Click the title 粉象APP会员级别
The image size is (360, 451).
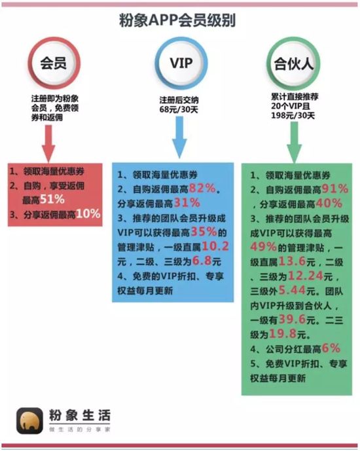tap(177, 20)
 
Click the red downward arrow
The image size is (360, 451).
tap(48, 143)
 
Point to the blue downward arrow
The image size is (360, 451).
tap(179, 137)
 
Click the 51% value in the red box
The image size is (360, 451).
tap(52, 200)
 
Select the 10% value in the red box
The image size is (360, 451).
tap(88, 213)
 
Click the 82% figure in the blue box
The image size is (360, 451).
tap(202, 189)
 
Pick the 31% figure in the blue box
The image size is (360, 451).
tap(187, 203)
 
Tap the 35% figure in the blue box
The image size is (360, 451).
tap(204, 232)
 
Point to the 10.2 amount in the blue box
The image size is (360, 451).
tap(215, 247)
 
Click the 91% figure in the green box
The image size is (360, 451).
tap(335, 189)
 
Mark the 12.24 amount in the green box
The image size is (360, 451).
tap(306, 276)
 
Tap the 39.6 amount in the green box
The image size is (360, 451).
tap(292, 319)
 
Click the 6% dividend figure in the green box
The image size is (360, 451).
tap(331, 348)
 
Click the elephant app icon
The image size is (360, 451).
tap(30, 421)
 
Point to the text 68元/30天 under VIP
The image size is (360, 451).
tap(179, 109)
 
